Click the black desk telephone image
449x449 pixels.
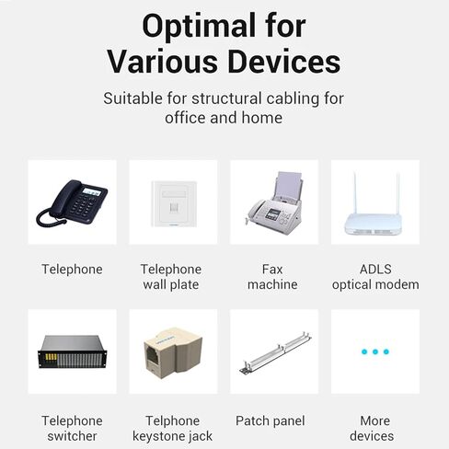coord(72,202)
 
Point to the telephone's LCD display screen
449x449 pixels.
coord(91,192)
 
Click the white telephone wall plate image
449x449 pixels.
coord(174,203)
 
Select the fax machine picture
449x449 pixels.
coord(274,202)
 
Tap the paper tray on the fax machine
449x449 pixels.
coord(288,185)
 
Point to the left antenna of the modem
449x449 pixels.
coord(356,193)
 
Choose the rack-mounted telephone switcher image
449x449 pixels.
coord(73,351)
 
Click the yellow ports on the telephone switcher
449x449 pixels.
coord(52,357)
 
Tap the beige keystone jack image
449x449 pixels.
coord(173,352)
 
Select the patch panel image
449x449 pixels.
coord(275,352)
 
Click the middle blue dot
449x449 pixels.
coord(375,351)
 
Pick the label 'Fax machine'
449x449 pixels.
coord(272,277)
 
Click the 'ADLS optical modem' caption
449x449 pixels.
coord(375,277)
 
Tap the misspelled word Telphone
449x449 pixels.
coord(173,420)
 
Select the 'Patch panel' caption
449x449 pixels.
coord(271,420)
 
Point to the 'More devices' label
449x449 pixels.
coord(372,429)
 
